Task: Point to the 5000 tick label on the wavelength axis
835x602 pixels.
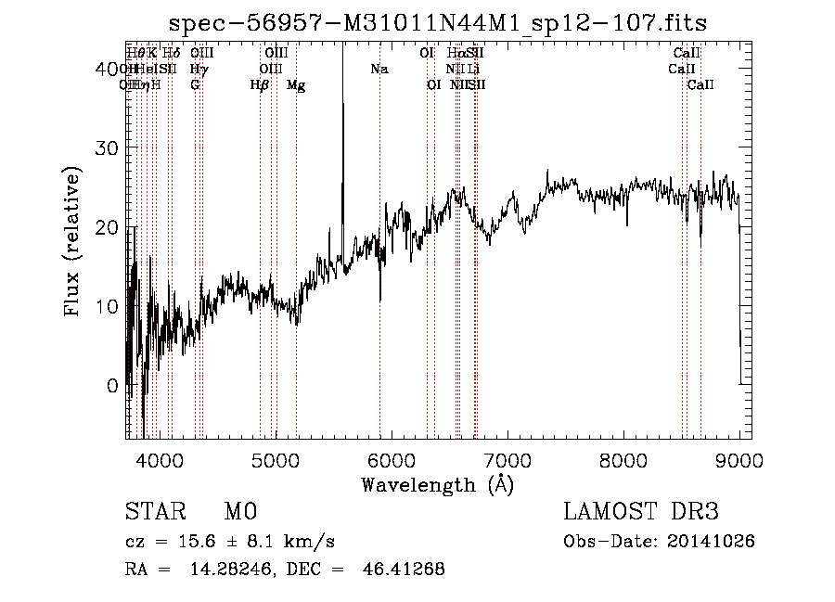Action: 275,460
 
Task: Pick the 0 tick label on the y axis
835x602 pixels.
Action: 112,385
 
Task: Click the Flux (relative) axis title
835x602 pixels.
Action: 72,240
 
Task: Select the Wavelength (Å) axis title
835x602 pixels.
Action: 437,484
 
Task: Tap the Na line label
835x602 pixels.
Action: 379,69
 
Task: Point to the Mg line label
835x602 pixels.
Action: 296,85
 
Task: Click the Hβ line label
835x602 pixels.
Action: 260,85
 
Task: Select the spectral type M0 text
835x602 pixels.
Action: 239,512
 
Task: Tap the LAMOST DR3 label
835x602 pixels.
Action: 641,512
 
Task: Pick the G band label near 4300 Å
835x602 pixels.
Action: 195,85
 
